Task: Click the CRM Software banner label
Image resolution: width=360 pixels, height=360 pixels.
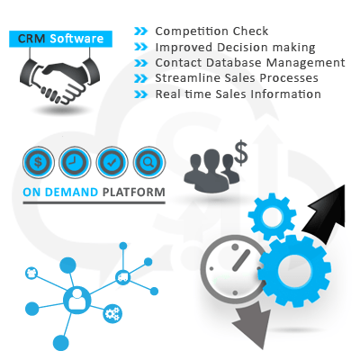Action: click(x=60, y=39)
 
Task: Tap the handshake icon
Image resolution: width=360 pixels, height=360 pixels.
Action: click(x=60, y=80)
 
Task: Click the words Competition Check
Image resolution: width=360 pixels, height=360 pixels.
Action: click(x=211, y=31)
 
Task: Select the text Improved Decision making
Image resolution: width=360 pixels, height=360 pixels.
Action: click(x=235, y=48)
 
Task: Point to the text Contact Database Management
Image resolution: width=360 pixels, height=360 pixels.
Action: click(x=250, y=63)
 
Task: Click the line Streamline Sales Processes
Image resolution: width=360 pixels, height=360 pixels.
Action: click(x=237, y=78)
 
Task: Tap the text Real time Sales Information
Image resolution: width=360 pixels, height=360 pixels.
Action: click(x=238, y=94)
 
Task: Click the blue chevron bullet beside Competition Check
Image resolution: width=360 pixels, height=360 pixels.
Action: click(x=141, y=31)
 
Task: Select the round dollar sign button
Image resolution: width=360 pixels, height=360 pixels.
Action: click(x=39, y=162)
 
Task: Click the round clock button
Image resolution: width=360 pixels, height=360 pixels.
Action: click(x=75, y=162)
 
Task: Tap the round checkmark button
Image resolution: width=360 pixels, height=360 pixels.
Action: click(x=112, y=162)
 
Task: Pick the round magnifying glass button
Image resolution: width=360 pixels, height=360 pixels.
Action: click(x=148, y=162)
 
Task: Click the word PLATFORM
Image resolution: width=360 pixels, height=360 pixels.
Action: click(x=134, y=192)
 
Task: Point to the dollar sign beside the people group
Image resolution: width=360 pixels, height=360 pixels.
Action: click(x=241, y=153)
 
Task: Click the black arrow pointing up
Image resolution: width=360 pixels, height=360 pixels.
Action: click(x=325, y=213)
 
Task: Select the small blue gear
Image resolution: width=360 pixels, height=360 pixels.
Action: click(x=272, y=217)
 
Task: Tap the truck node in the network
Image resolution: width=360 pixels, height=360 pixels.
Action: click(x=123, y=277)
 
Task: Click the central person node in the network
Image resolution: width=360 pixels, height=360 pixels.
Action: click(x=76, y=300)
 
